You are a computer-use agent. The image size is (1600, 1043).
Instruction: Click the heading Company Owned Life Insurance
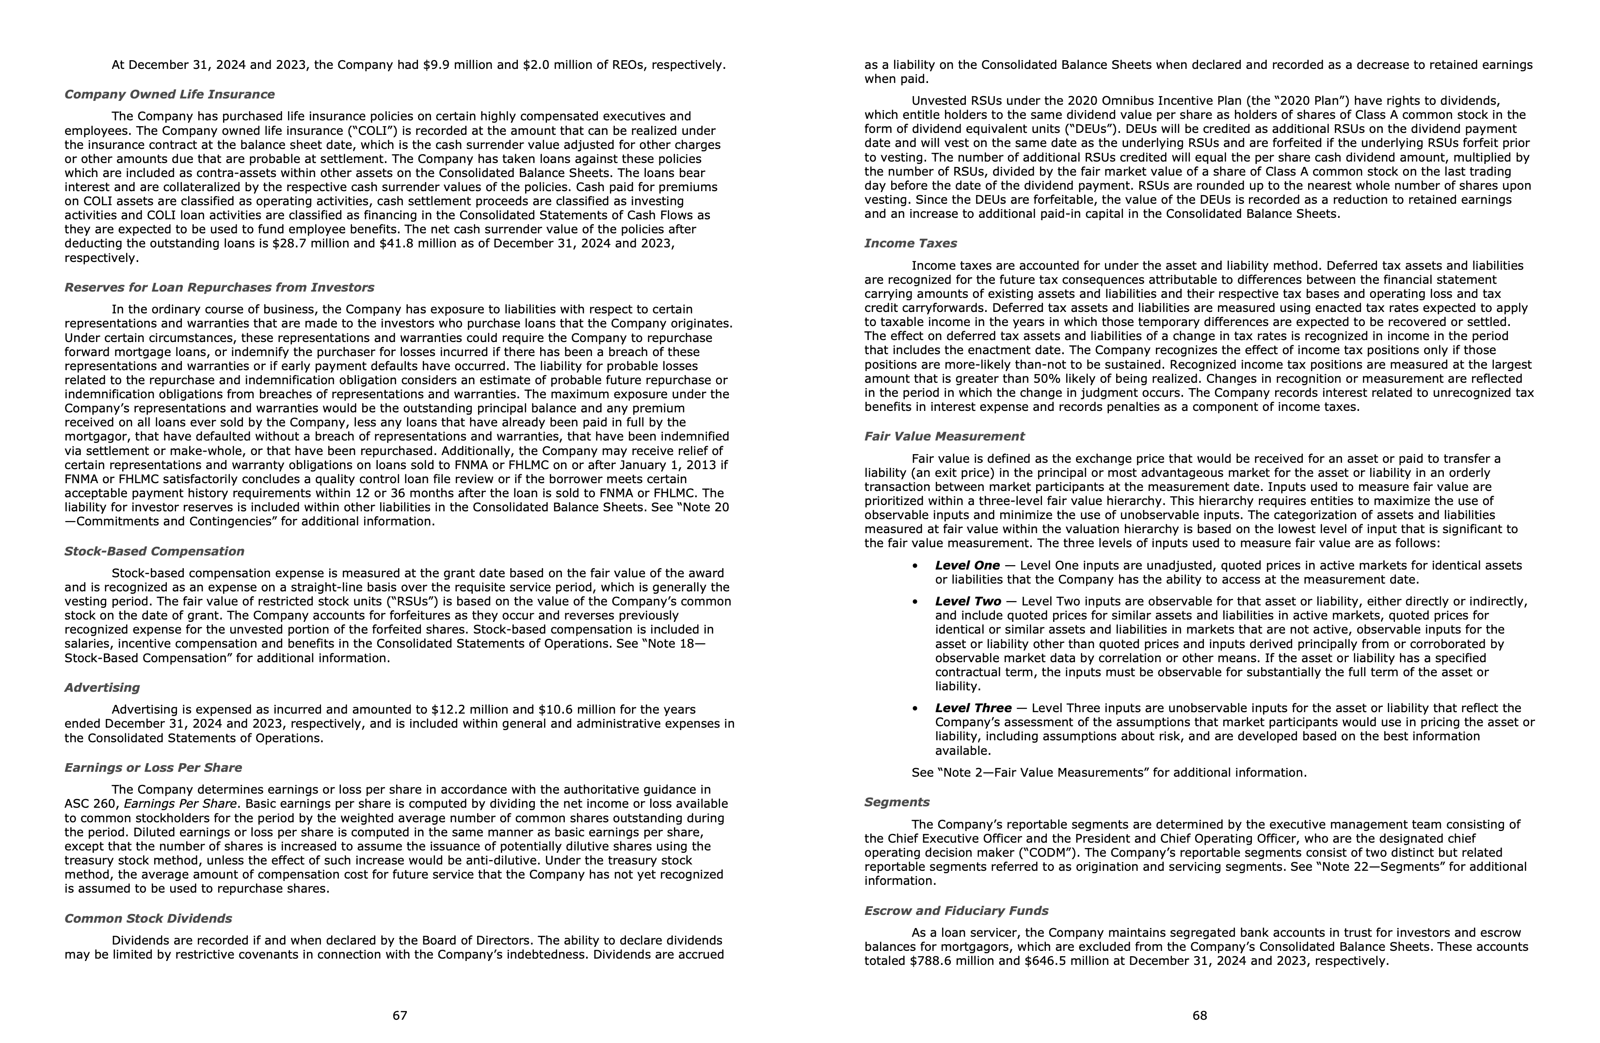point(169,94)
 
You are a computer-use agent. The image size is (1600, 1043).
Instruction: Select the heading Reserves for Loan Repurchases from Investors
point(219,287)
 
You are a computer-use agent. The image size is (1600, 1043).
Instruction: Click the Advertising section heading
point(102,687)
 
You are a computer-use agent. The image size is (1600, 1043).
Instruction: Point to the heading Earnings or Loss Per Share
point(153,767)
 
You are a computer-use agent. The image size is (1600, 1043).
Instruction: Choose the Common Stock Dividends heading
point(148,918)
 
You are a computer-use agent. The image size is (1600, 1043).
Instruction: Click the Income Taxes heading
point(910,243)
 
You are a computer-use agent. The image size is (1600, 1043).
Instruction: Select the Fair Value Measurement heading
point(944,436)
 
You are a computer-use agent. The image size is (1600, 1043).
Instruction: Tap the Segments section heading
point(897,801)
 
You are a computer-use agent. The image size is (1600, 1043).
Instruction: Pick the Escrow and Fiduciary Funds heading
point(956,911)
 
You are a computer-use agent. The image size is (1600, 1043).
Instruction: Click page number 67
point(400,1015)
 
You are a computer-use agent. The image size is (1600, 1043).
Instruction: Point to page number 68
point(1200,1015)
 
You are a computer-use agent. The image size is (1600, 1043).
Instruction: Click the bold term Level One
point(967,566)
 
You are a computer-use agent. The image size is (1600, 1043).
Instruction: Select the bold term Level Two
point(967,601)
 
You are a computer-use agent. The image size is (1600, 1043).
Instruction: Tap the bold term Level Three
point(973,708)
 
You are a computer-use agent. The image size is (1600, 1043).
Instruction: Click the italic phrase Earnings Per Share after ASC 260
point(179,804)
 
